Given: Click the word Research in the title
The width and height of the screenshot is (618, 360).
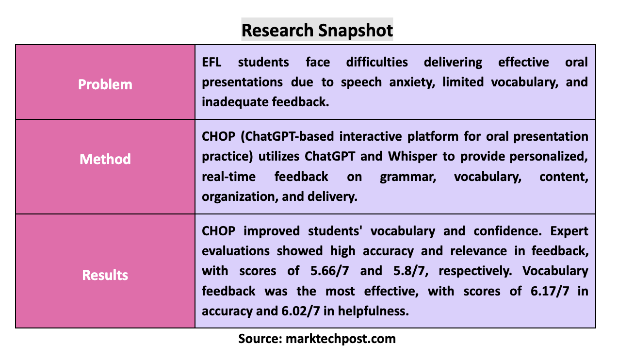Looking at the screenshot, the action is coord(278,31).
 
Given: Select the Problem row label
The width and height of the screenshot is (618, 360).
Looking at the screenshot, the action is coord(105,84).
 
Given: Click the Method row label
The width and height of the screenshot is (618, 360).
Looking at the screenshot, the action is coord(105,159).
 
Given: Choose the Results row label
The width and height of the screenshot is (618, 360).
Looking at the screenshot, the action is coord(105,275).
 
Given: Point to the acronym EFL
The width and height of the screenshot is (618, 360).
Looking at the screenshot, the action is coord(211,62).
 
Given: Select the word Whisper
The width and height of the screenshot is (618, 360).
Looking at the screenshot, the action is coord(413,156).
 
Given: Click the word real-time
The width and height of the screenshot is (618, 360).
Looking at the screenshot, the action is coord(228,177).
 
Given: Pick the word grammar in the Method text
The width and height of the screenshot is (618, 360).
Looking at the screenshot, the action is coord(408,177).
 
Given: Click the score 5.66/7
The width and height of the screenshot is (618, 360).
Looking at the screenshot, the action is coord(330,271).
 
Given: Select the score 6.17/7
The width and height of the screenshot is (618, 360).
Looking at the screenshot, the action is coord(550,291).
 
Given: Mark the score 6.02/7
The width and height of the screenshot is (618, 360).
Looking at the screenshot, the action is coord(301,311).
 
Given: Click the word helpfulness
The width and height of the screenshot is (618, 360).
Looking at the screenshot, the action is coord(374,311).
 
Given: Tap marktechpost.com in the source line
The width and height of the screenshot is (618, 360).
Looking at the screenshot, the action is coord(341,339).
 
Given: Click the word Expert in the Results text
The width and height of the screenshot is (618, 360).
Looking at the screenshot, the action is coord(569,231).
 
